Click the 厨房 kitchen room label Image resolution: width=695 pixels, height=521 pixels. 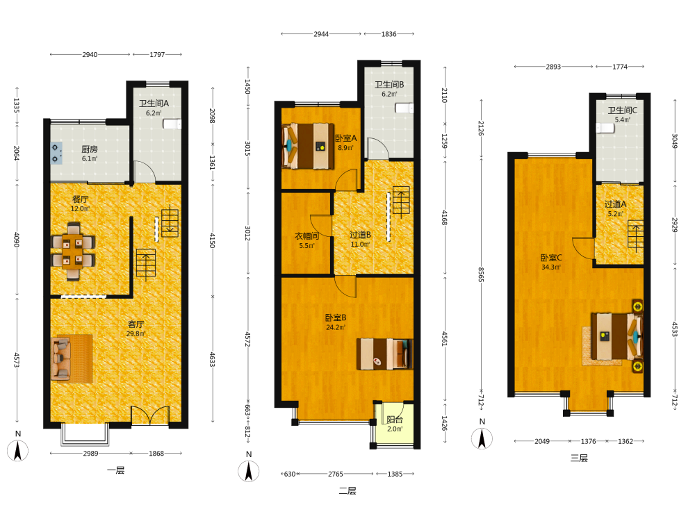[x=90, y=149]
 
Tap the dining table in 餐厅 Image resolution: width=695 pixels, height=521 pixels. [x=73, y=251]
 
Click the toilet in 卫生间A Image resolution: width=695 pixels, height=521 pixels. [x=172, y=124]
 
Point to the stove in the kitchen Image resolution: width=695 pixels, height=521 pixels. [x=56, y=154]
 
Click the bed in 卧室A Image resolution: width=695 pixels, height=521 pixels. [x=308, y=146]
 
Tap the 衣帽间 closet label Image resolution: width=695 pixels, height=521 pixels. [x=306, y=236]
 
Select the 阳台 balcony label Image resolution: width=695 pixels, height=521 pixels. [x=395, y=419]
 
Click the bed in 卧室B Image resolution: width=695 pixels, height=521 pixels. [x=385, y=354]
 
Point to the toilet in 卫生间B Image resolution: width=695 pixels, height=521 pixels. [x=404, y=108]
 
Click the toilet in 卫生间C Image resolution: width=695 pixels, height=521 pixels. [x=605, y=129]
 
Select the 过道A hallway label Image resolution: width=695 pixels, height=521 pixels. [x=615, y=204]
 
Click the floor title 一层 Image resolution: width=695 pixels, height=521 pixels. [x=115, y=470]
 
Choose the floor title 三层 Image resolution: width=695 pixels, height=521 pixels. [x=579, y=458]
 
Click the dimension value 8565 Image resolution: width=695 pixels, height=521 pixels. [x=482, y=274]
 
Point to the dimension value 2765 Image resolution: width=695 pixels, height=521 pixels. [x=336, y=474]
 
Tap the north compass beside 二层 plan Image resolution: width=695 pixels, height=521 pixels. [x=249, y=472]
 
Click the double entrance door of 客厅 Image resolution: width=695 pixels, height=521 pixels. [x=150, y=415]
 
